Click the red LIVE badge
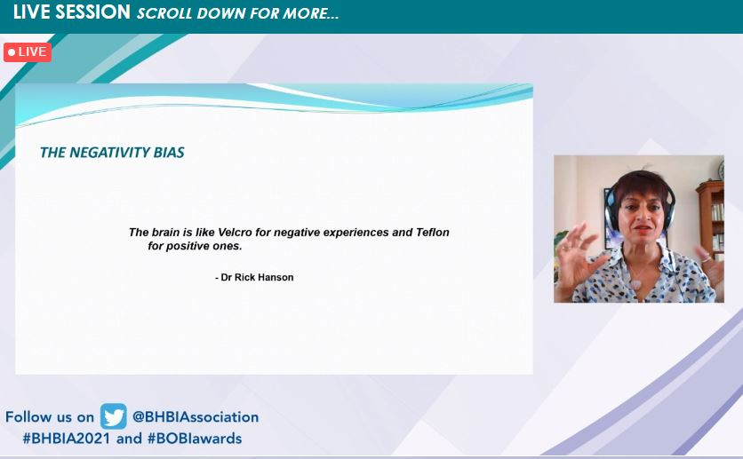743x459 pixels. pyautogui.click(x=28, y=52)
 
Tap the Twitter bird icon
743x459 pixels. pyautogui.click(x=113, y=416)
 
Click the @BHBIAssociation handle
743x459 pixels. pyautogui.click(x=196, y=417)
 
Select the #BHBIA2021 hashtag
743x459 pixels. pyautogui.click(x=67, y=439)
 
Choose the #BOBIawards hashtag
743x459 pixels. pyautogui.click(x=195, y=439)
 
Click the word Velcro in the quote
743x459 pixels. pyautogui.click(x=235, y=233)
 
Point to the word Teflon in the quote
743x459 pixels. pyautogui.click(x=433, y=233)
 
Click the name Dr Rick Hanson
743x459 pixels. pyautogui.click(x=258, y=277)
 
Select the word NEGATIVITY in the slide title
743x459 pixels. pyautogui.click(x=110, y=153)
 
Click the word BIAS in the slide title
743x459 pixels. pyautogui.click(x=169, y=153)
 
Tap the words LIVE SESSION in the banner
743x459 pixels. pyautogui.click(x=72, y=12)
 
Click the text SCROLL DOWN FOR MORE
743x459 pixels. pyautogui.click(x=238, y=13)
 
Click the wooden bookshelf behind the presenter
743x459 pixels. pyautogui.click(x=710, y=220)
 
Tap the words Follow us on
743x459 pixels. pyautogui.click(x=50, y=417)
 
